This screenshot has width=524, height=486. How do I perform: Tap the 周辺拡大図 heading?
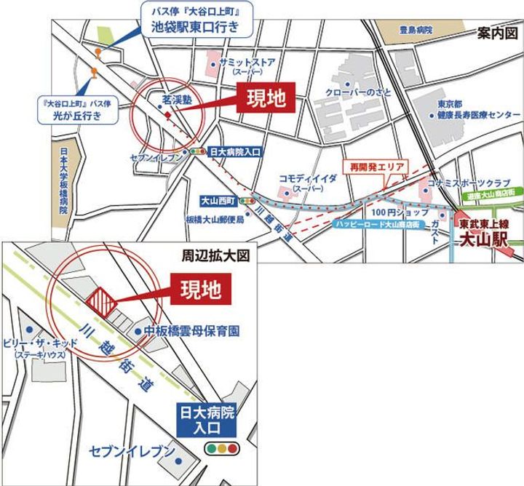215,256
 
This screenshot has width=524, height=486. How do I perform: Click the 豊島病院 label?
416,31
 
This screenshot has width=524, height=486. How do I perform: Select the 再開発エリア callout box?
376,166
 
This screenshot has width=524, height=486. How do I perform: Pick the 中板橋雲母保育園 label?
192,331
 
